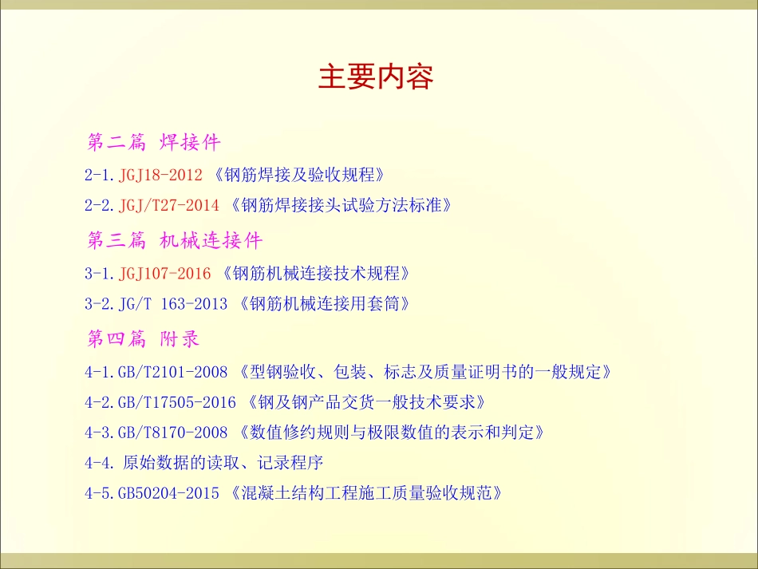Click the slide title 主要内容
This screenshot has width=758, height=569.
coord(376,78)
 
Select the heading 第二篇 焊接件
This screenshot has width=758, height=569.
coord(153,143)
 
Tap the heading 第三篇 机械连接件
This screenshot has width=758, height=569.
coord(174,240)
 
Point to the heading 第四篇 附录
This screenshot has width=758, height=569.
coord(143,338)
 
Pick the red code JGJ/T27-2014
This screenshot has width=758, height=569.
coord(168,205)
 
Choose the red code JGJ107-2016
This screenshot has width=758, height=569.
coord(164,274)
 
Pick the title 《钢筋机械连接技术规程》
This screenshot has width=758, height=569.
coord(316,274)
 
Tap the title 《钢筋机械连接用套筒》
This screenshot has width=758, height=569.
coord(329,304)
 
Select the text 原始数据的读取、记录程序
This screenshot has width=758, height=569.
coord(224,463)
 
